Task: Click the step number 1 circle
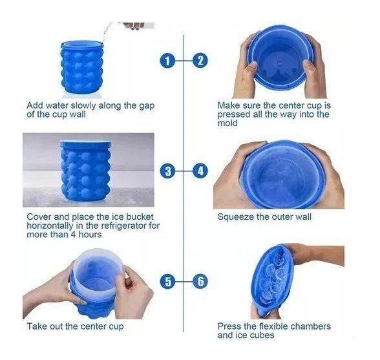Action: (168, 60)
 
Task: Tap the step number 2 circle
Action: (200, 60)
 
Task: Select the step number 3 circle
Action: (168, 171)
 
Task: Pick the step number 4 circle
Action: (200, 171)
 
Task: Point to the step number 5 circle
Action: (168, 281)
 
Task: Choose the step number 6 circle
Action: (200, 281)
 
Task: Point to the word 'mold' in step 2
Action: (227, 123)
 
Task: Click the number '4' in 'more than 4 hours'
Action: (73, 235)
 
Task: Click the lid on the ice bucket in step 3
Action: (85, 144)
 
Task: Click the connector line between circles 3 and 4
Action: (184, 171)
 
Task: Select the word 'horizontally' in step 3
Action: (50, 226)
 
